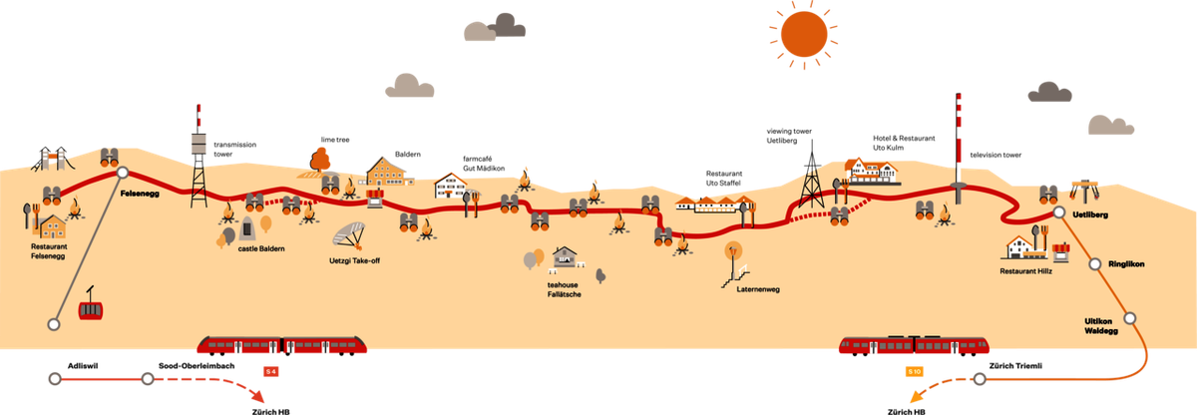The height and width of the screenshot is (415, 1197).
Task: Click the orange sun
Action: [x=804, y=34]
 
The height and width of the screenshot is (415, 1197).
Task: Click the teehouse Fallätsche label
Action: [x=564, y=289]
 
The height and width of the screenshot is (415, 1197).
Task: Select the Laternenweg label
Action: [x=759, y=290]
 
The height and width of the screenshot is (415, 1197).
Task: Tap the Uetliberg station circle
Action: [x=1058, y=213]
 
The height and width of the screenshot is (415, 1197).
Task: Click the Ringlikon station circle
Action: [x=1094, y=264]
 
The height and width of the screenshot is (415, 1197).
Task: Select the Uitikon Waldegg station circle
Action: [x=1129, y=318]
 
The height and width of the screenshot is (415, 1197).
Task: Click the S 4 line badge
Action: [x=269, y=371]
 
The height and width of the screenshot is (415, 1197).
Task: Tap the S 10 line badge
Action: [x=915, y=372]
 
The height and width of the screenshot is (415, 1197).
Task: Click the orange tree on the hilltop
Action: [x=320, y=159]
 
